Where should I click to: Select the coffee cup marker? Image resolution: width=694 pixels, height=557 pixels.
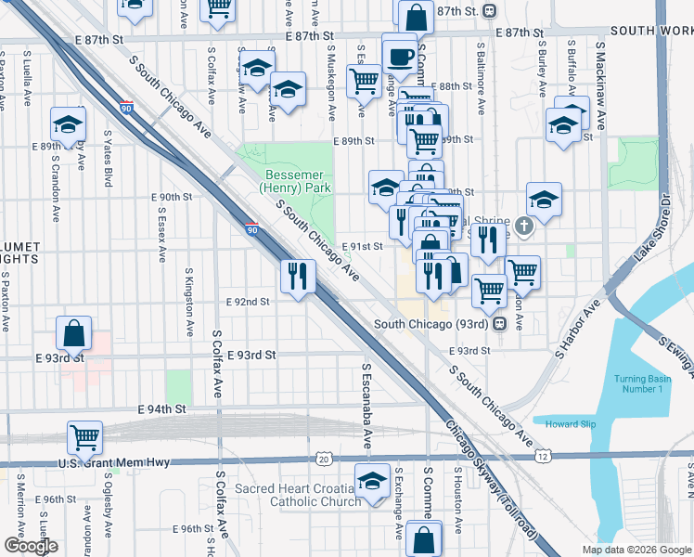coord(400,54)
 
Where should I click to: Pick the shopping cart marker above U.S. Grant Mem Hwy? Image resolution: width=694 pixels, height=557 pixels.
coord(84,435)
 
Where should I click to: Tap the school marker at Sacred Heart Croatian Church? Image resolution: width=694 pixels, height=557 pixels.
coord(372,482)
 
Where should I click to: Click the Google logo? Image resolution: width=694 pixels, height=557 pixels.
coord(31,546)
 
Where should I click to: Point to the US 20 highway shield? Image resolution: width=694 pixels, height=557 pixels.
coord(322,459)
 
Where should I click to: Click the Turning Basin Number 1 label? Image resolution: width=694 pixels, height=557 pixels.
coord(638,382)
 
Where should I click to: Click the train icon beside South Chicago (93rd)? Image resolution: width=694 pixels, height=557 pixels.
coord(499,324)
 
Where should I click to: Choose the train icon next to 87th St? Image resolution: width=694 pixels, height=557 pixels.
coord(488,10)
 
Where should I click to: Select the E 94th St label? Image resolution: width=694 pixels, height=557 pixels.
coord(162,408)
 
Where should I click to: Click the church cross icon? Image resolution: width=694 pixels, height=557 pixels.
coord(523,226)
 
